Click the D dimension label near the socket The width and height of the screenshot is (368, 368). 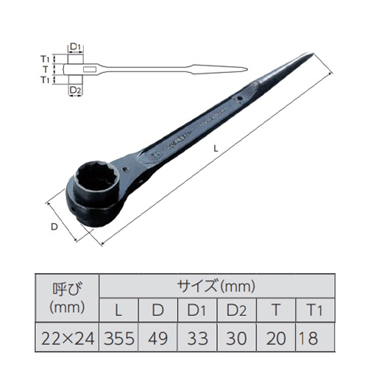tap(54, 227)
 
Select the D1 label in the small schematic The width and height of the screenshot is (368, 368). tap(74, 47)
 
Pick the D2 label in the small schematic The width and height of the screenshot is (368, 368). tap(74, 90)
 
